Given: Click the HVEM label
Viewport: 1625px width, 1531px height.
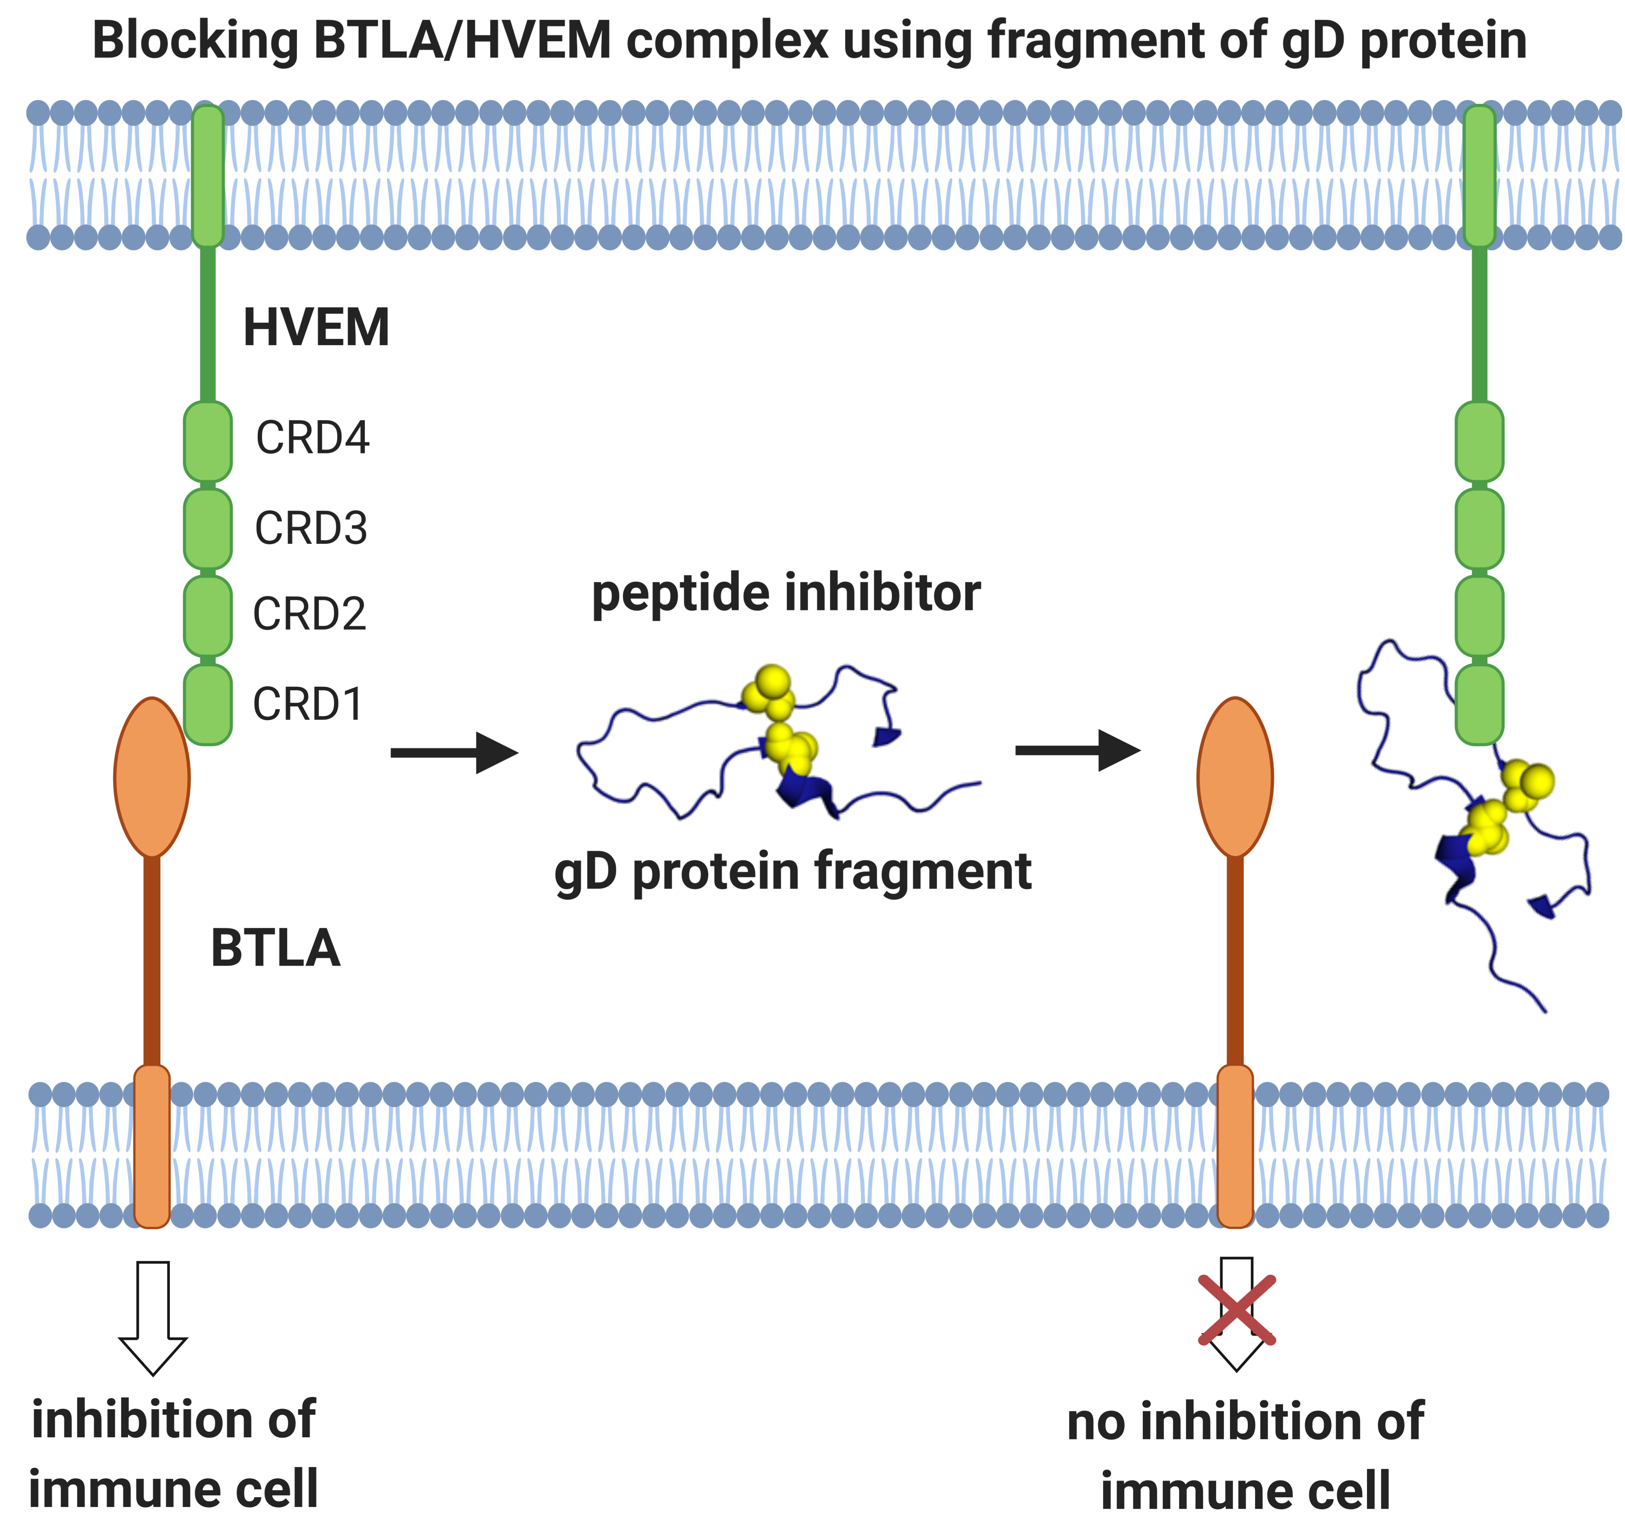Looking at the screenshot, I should pos(316,328).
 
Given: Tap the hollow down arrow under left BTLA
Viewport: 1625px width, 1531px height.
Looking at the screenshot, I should pos(153,1317).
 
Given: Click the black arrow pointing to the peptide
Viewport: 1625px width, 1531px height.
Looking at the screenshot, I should pos(455,752).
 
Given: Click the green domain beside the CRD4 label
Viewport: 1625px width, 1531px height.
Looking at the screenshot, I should pos(207,441).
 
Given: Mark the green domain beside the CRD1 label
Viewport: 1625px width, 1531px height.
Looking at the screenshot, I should pos(207,704).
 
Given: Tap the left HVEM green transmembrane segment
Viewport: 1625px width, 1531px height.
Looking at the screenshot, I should pos(207,176).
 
